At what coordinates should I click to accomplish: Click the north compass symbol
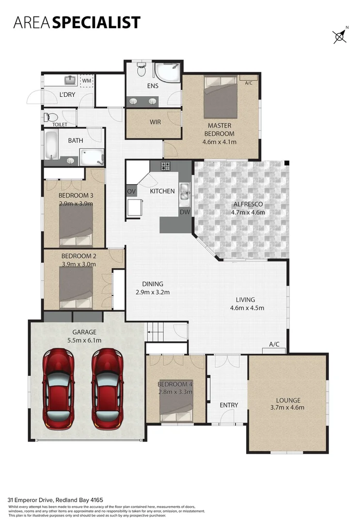(339, 36)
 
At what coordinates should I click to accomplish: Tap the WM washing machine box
(86, 80)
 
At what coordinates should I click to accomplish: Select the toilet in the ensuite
(141, 71)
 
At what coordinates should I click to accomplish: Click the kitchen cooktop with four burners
(166, 166)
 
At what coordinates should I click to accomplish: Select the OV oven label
(131, 191)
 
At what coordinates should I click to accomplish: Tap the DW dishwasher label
(185, 212)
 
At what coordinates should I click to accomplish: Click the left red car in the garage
(59, 389)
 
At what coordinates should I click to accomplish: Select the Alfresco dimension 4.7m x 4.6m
(248, 212)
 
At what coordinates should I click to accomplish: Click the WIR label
(155, 122)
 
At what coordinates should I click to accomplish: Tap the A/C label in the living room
(274, 344)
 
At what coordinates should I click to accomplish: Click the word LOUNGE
(288, 400)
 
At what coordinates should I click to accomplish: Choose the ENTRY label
(229, 405)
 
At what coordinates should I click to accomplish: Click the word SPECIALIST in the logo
(96, 22)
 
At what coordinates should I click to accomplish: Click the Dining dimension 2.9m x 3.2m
(153, 292)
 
